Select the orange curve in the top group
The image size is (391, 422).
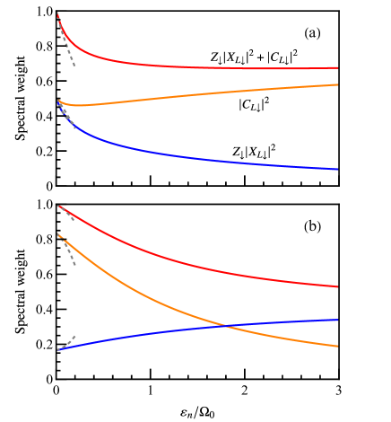197,95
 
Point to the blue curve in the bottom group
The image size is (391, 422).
135,337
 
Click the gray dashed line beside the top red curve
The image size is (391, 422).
67,49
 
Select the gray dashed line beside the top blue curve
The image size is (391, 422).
68,118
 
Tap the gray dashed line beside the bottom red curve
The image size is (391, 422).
68,215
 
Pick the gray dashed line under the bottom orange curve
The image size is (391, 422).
68,254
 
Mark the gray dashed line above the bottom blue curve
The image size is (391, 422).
68,341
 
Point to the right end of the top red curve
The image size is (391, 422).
337,67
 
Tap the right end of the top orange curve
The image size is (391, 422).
337,84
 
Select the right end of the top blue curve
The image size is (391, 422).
337,169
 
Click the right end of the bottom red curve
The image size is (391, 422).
337,286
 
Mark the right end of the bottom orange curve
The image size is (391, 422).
337,346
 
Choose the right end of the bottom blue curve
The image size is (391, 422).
337,320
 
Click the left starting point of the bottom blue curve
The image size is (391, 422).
58,349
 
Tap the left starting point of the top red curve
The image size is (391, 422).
58,13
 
